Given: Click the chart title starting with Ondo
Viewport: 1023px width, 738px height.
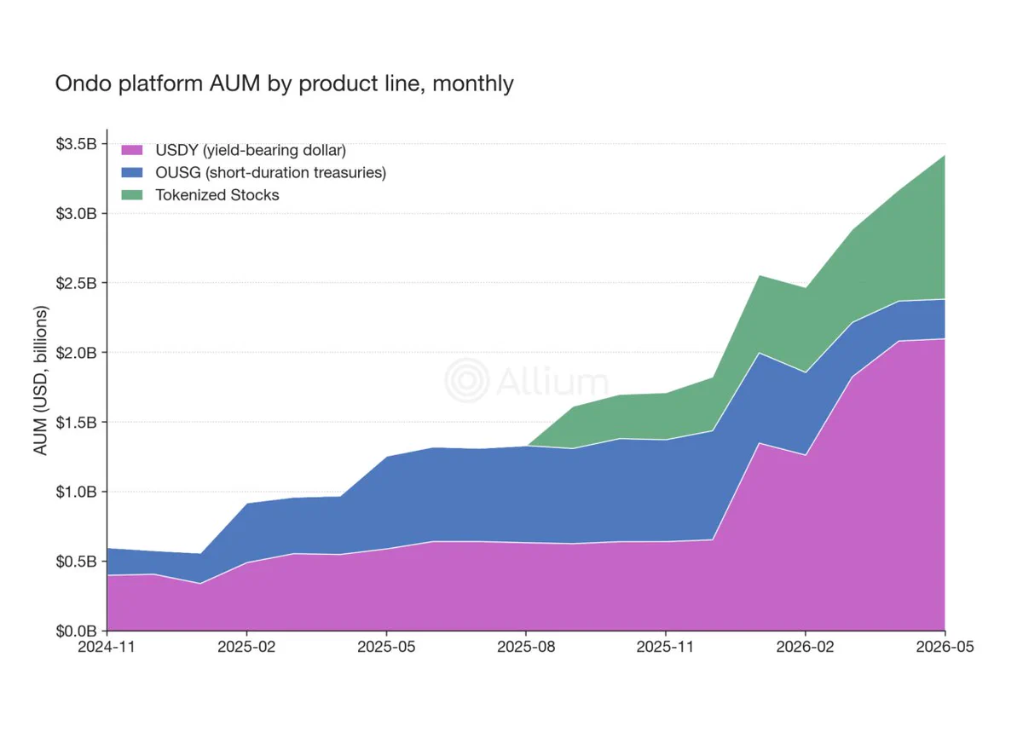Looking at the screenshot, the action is (x=284, y=84).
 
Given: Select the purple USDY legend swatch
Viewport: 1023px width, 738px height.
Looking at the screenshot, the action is (x=132, y=150).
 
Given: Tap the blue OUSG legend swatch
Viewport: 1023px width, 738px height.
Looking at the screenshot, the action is (x=132, y=172).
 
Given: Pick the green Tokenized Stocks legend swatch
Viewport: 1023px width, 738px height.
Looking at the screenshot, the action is (x=132, y=195).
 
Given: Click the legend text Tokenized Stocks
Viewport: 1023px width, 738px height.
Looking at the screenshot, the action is (x=217, y=195).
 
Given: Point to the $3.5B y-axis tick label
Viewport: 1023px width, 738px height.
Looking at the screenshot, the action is (x=76, y=144).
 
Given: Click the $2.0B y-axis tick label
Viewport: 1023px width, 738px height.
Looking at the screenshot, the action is (x=76, y=353).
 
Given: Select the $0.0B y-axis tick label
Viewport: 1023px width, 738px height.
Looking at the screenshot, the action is (x=76, y=631).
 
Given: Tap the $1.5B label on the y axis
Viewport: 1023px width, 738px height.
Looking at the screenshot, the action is (x=76, y=423).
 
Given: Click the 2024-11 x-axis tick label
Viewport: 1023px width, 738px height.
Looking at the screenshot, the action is (x=107, y=647).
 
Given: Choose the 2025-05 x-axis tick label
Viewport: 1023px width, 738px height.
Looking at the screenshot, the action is (x=386, y=647).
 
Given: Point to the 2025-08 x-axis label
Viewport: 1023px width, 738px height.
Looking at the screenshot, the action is (x=526, y=647).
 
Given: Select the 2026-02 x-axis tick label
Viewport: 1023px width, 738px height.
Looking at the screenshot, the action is (x=805, y=647).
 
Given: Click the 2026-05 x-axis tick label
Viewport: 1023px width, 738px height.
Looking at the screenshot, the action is (x=945, y=647).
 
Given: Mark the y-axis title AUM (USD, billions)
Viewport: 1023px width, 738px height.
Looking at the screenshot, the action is (x=41, y=381).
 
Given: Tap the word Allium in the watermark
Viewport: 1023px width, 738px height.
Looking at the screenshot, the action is (x=552, y=381).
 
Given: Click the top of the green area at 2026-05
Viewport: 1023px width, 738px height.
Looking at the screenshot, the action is (x=945, y=156).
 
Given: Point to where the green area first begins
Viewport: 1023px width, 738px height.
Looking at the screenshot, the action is (x=528, y=446).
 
